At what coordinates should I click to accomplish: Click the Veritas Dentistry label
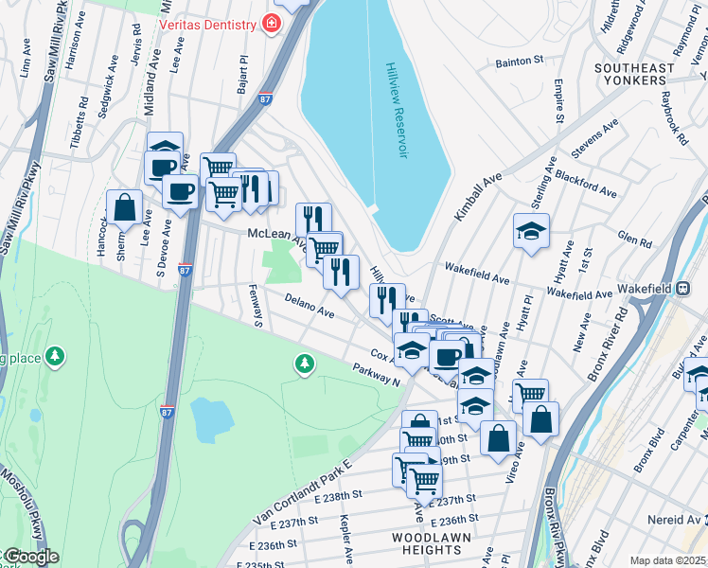tap(209, 22)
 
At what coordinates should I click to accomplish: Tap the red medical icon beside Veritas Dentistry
tap(272, 22)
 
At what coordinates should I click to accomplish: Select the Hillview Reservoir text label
tap(395, 111)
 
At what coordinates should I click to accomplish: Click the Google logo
tap(29, 557)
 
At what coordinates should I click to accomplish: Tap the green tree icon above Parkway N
tap(304, 362)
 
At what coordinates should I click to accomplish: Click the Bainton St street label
tap(520, 62)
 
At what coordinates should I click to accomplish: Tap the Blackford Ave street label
tap(585, 185)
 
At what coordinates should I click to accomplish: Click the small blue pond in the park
tap(212, 417)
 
